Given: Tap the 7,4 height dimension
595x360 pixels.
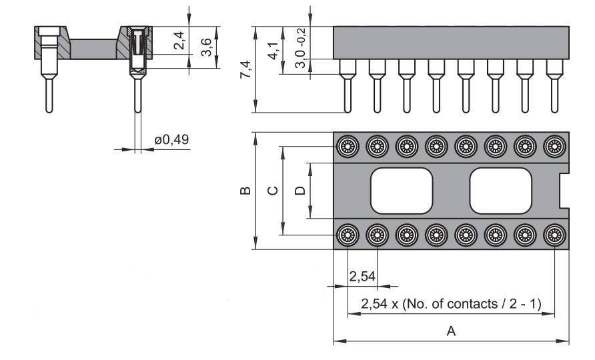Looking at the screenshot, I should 245,69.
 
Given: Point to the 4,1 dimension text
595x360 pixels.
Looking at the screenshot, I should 273,51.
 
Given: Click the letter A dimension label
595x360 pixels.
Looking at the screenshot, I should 451,331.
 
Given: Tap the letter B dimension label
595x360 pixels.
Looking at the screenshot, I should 245,191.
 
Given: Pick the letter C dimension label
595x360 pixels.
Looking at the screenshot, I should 273,191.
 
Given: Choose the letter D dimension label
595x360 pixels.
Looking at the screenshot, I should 300,191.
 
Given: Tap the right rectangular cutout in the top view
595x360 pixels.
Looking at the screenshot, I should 502,190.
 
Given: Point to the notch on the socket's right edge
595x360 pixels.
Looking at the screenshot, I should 564,190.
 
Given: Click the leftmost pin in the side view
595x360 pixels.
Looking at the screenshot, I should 347,87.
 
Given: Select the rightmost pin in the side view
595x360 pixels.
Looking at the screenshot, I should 554,87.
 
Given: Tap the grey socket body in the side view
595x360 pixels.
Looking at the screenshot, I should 451,43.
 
